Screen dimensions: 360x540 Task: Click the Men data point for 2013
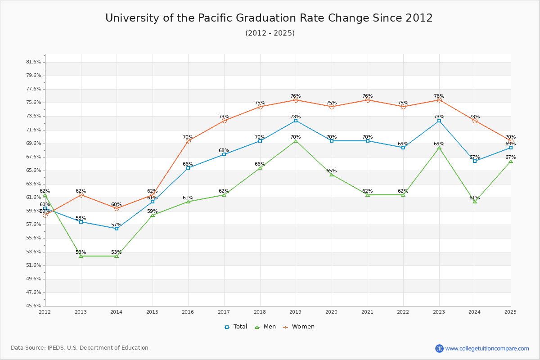[x=81, y=256]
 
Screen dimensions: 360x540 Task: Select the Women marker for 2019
[x=296, y=100]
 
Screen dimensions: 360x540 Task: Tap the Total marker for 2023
[x=439, y=121]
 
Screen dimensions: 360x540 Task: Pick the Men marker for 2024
[x=475, y=202]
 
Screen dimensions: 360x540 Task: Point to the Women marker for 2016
[x=188, y=141]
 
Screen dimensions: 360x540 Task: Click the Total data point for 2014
[x=117, y=229]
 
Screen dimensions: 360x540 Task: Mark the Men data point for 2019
[x=296, y=141]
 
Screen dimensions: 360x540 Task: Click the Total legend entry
[x=236, y=327]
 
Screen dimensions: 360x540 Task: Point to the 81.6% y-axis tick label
[x=34, y=62]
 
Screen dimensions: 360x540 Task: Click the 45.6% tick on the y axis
[x=34, y=306]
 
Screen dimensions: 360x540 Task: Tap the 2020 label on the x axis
[x=331, y=312]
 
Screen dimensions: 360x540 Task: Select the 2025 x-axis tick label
[x=510, y=312]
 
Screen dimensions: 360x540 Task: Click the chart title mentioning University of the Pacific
[x=269, y=18]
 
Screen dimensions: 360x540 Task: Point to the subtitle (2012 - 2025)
[x=270, y=33]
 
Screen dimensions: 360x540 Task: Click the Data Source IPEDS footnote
[x=80, y=348]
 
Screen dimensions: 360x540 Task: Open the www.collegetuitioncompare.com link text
[x=487, y=348]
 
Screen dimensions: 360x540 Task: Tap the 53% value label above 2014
[x=117, y=252]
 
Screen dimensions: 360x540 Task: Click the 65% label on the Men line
[x=331, y=171]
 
